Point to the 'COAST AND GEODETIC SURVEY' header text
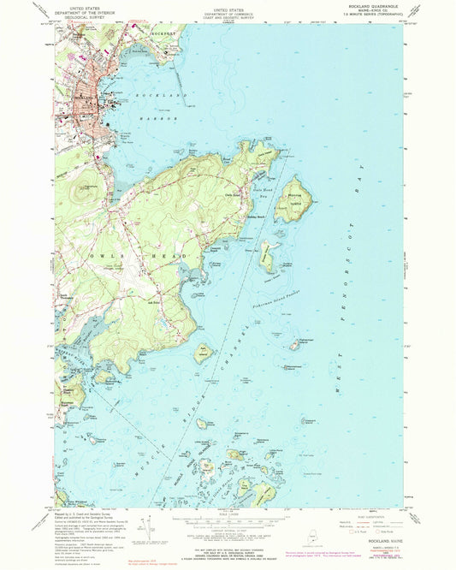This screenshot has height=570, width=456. [228, 16]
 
